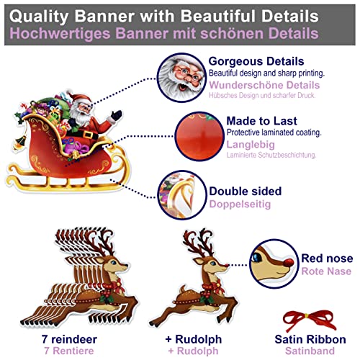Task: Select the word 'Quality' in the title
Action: (48, 14)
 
